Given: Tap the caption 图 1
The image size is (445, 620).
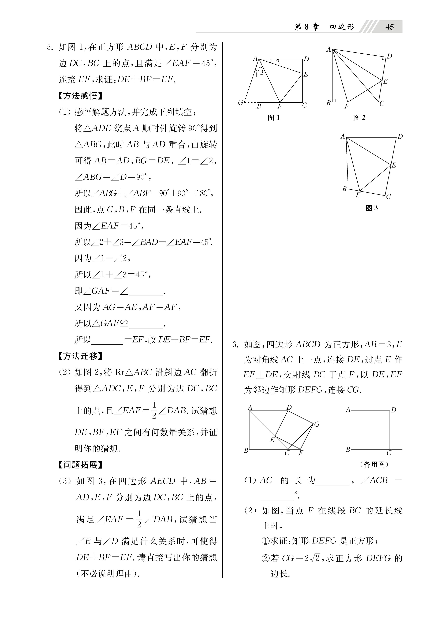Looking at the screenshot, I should point(274,118).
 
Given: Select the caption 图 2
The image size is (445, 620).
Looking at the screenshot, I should point(359,118).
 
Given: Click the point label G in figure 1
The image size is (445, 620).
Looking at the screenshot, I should point(240,103).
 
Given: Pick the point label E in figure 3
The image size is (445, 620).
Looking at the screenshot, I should point(394,165).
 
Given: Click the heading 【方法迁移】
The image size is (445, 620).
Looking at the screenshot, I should point(80,356).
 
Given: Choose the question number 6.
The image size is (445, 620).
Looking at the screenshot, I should point(235,344).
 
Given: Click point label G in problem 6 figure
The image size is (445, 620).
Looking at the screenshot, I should point(317,424).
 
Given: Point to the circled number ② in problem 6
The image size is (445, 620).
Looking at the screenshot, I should point(265,558).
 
